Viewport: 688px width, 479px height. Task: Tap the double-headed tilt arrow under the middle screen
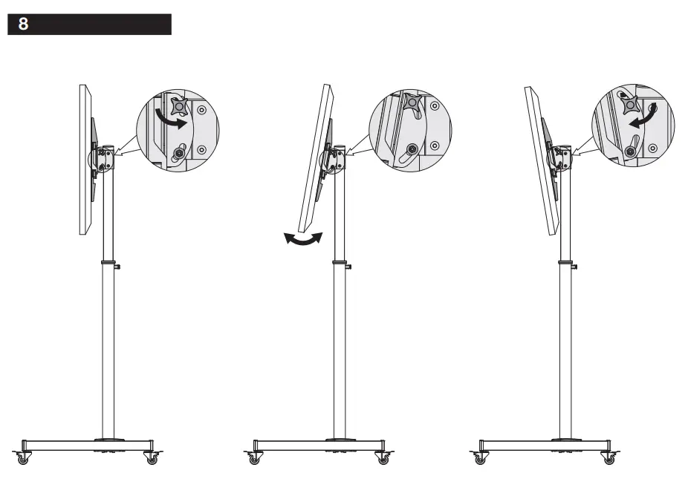pos(304,238)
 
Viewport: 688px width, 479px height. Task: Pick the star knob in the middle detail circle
pos(410,104)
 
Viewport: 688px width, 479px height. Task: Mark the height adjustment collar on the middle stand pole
pos(340,264)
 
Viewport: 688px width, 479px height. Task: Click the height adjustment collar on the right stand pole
pos(567,264)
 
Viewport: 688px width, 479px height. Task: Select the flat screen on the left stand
pos(85,160)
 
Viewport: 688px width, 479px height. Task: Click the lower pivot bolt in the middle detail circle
pos(411,149)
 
